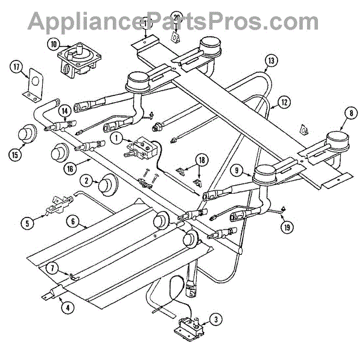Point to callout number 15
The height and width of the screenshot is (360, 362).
tap(13, 154)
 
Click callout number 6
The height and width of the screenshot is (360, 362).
tap(73, 222)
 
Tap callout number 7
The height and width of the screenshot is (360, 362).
tap(52, 268)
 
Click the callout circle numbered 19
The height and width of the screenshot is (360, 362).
tap(284, 227)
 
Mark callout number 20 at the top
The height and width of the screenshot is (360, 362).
tap(176, 17)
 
